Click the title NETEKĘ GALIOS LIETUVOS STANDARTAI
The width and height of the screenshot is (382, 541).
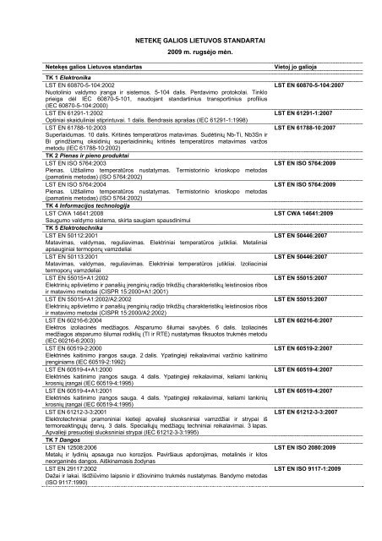(x=190, y=40)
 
